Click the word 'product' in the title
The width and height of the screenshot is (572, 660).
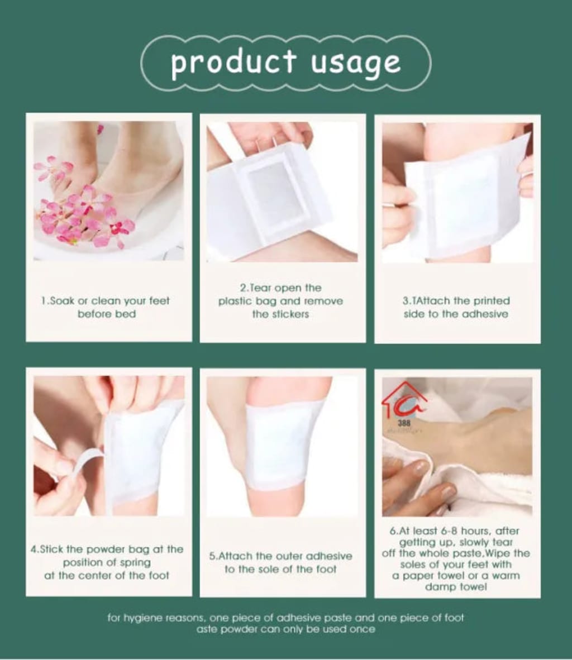(x=233, y=63)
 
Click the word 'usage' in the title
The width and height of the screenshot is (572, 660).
(x=355, y=63)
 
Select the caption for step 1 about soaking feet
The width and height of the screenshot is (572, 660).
(x=106, y=307)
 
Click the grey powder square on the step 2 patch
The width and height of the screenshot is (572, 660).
(x=269, y=193)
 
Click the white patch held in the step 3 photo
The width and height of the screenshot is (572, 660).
(x=464, y=201)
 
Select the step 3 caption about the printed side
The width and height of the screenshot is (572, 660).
(x=456, y=307)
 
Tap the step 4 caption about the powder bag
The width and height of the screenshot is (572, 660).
(x=107, y=562)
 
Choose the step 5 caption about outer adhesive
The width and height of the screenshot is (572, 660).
(x=281, y=562)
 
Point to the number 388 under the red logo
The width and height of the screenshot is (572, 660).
(x=404, y=423)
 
